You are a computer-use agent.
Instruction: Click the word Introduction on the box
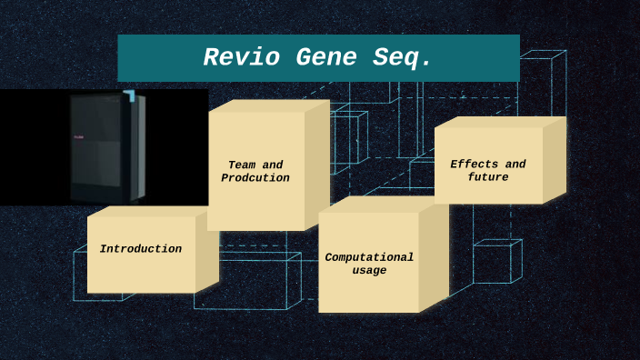coord(141,249)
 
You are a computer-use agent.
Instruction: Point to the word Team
coord(242,165)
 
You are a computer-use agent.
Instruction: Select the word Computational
coord(369,257)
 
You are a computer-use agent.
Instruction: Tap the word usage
coord(369,271)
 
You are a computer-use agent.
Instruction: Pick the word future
coord(488,177)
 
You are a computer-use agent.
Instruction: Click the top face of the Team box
coord(268,105)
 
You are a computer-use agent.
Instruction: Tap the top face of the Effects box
coord(500,122)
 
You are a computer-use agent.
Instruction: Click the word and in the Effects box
coord(515,165)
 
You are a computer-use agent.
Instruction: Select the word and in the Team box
coord(273,165)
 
